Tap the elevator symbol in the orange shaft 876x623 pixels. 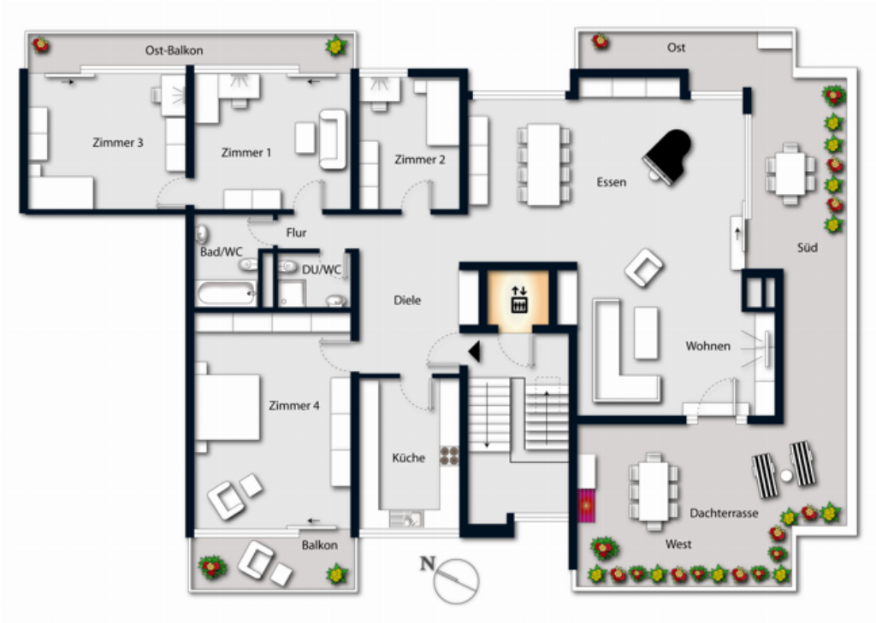click(519, 299)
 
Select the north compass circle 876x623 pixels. click(457, 580)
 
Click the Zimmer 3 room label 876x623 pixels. click(118, 143)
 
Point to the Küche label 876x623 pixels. click(408, 458)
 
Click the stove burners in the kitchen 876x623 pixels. click(449, 455)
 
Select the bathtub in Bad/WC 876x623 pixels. click(226, 294)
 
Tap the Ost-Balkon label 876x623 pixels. click(174, 50)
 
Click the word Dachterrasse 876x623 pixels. click(724, 513)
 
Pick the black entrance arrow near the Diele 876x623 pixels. click(476, 352)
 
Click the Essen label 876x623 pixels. click(611, 182)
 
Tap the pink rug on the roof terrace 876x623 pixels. click(586, 505)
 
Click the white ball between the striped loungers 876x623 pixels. click(787, 476)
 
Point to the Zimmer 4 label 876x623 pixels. click(294, 405)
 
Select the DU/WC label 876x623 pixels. click(322, 270)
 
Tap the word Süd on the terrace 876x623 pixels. click(808, 247)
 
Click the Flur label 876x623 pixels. click(296, 232)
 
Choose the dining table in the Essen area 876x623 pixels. click(544, 163)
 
